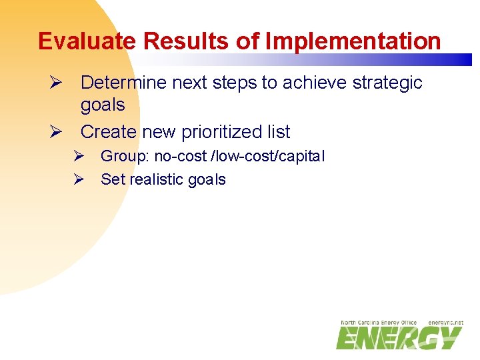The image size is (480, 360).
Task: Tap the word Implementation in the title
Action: pos(353,41)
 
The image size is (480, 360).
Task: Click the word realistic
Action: pos(158,179)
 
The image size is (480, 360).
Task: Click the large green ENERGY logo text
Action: pos(399,338)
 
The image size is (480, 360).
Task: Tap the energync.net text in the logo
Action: pos(445,323)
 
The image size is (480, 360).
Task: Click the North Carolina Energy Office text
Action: pos(379,323)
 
